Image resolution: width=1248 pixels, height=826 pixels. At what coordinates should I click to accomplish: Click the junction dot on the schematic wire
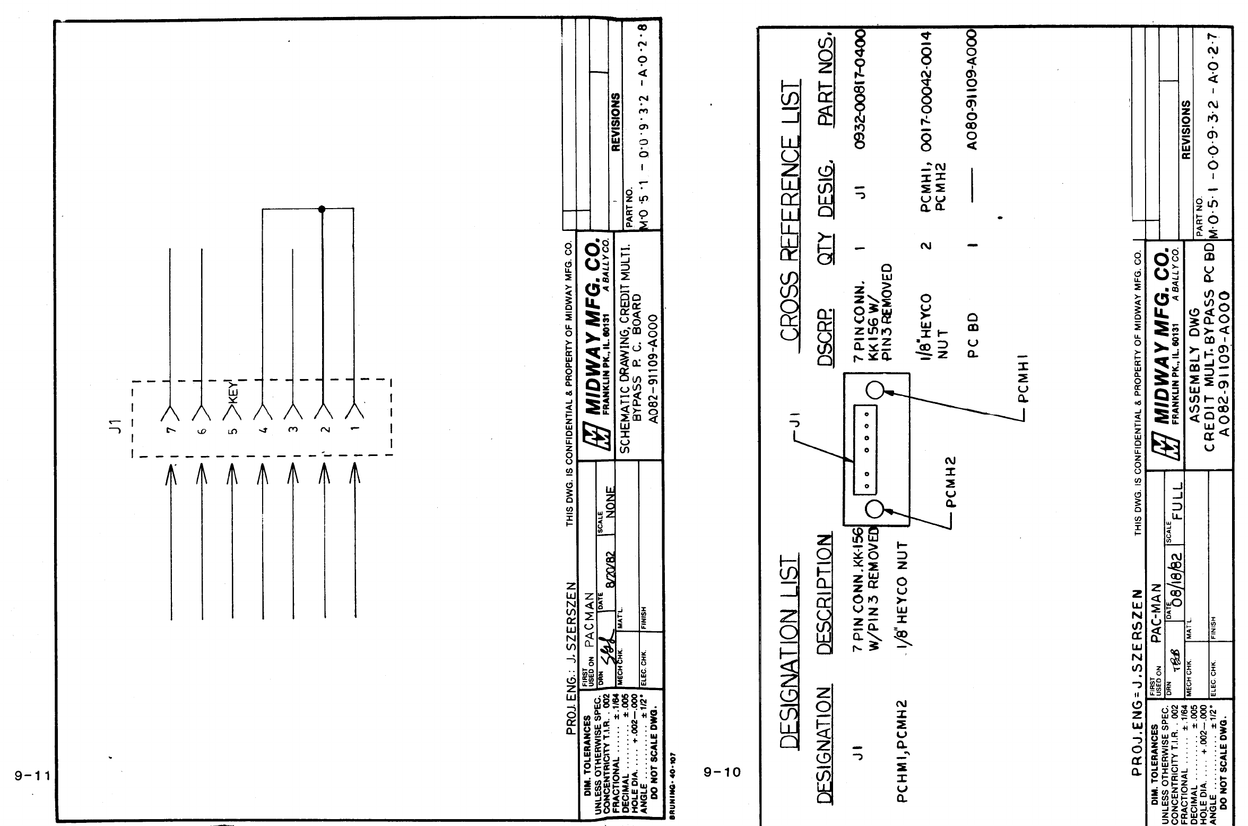[322, 209]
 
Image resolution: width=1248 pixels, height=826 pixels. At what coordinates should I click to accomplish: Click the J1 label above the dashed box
[120, 425]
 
